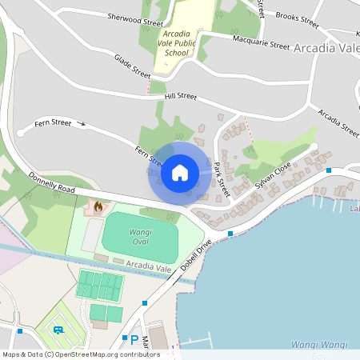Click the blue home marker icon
[180, 172]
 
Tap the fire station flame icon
[98, 207]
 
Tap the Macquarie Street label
[261, 42]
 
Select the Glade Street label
[132, 66]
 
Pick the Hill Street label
[180, 96]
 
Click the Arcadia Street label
[338, 122]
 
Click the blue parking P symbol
[134, 340]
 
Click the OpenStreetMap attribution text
[80, 354]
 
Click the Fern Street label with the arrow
[53, 123]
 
